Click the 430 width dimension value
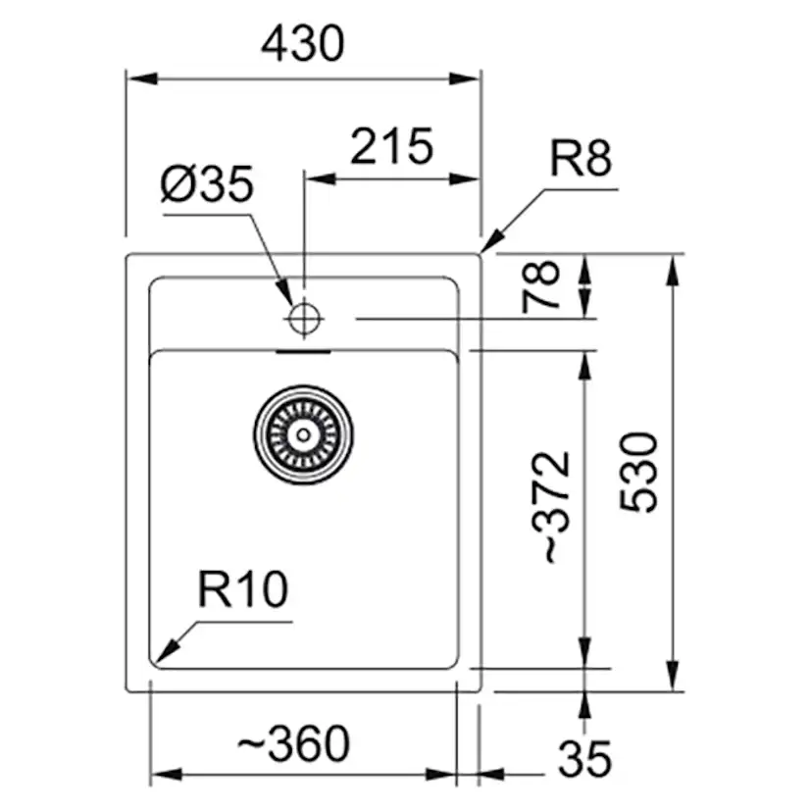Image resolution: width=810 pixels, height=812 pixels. [304, 43]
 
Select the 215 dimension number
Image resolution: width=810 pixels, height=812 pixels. [391, 147]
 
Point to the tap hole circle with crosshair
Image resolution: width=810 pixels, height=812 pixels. [304, 317]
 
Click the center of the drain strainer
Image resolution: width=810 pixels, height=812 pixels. [304, 432]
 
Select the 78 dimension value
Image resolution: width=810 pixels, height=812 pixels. [541, 285]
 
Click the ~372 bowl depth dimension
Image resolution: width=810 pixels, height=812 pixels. [554, 506]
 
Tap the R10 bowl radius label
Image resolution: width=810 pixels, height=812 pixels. [242, 590]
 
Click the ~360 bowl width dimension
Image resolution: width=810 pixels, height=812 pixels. [293, 744]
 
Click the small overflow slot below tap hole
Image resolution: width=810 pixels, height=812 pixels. [304, 349]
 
